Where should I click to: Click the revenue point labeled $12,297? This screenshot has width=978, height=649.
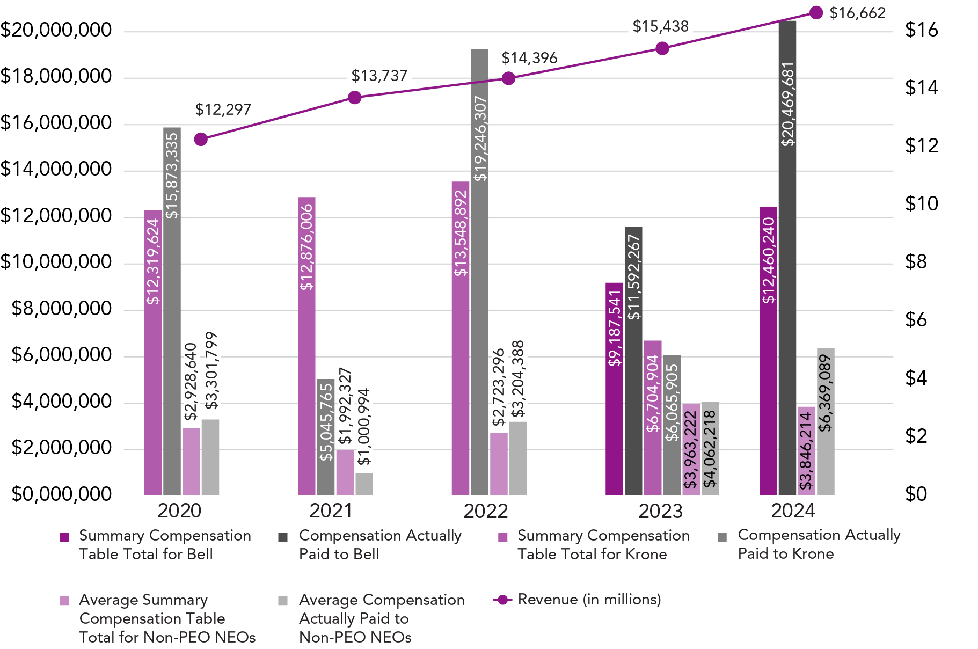(201, 140)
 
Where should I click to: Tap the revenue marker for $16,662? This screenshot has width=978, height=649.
(816, 13)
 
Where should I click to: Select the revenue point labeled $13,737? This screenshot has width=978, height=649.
(355, 98)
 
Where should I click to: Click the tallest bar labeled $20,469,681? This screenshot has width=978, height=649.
(787, 258)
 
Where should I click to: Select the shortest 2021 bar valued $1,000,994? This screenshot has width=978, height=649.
(364, 484)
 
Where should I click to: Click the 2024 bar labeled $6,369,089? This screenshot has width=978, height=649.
(826, 421)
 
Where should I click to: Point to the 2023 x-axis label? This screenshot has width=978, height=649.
(660, 511)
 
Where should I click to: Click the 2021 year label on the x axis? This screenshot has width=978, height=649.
(331, 511)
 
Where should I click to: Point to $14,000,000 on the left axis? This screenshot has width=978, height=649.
(56, 170)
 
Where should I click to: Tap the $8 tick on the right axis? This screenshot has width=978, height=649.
(916, 262)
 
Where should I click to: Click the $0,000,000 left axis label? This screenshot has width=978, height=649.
(62, 494)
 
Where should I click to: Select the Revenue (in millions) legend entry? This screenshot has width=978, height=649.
(589, 600)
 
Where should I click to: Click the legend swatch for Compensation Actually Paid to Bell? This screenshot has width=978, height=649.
(283, 537)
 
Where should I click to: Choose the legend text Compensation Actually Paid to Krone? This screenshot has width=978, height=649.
(819, 544)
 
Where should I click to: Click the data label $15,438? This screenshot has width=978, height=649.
(660, 26)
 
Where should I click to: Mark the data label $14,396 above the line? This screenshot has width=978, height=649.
(529, 58)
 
